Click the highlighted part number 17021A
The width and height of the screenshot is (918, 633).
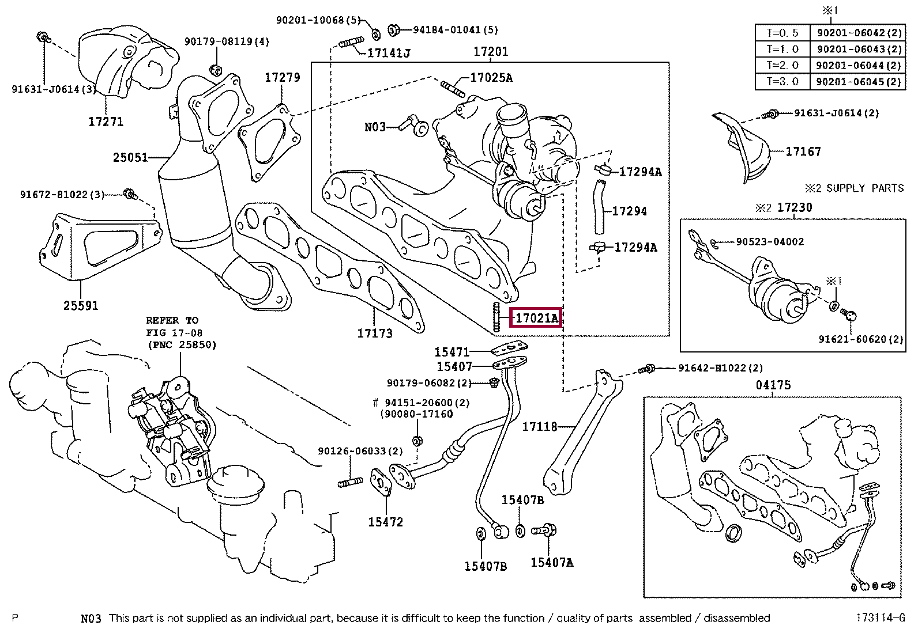(x=536, y=318)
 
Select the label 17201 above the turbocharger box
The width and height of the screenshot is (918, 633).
(x=491, y=52)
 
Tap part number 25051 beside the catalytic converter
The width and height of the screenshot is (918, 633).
(x=130, y=157)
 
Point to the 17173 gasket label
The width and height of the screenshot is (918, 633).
(x=375, y=333)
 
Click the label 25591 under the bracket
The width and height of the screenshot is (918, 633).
(x=81, y=305)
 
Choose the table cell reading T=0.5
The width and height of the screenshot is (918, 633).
(x=782, y=33)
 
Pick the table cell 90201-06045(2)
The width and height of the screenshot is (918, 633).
(x=859, y=82)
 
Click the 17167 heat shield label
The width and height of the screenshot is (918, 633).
(x=803, y=152)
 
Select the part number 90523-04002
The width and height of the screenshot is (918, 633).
(x=770, y=241)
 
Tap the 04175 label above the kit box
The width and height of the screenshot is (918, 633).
(x=773, y=385)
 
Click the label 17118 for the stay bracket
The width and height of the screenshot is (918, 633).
(x=539, y=427)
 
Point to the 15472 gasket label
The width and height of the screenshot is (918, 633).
(x=385, y=522)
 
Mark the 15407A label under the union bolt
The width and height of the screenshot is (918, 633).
(x=552, y=563)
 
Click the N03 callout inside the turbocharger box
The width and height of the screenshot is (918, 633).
(x=375, y=127)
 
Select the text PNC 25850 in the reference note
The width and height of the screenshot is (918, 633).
(x=182, y=345)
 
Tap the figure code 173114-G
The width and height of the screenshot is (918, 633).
(x=880, y=617)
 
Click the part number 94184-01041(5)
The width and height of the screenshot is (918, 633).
(x=456, y=30)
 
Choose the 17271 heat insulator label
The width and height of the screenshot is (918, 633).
(x=106, y=122)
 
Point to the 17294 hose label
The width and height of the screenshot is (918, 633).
(x=630, y=211)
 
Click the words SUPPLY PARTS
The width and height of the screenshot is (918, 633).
(x=865, y=188)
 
